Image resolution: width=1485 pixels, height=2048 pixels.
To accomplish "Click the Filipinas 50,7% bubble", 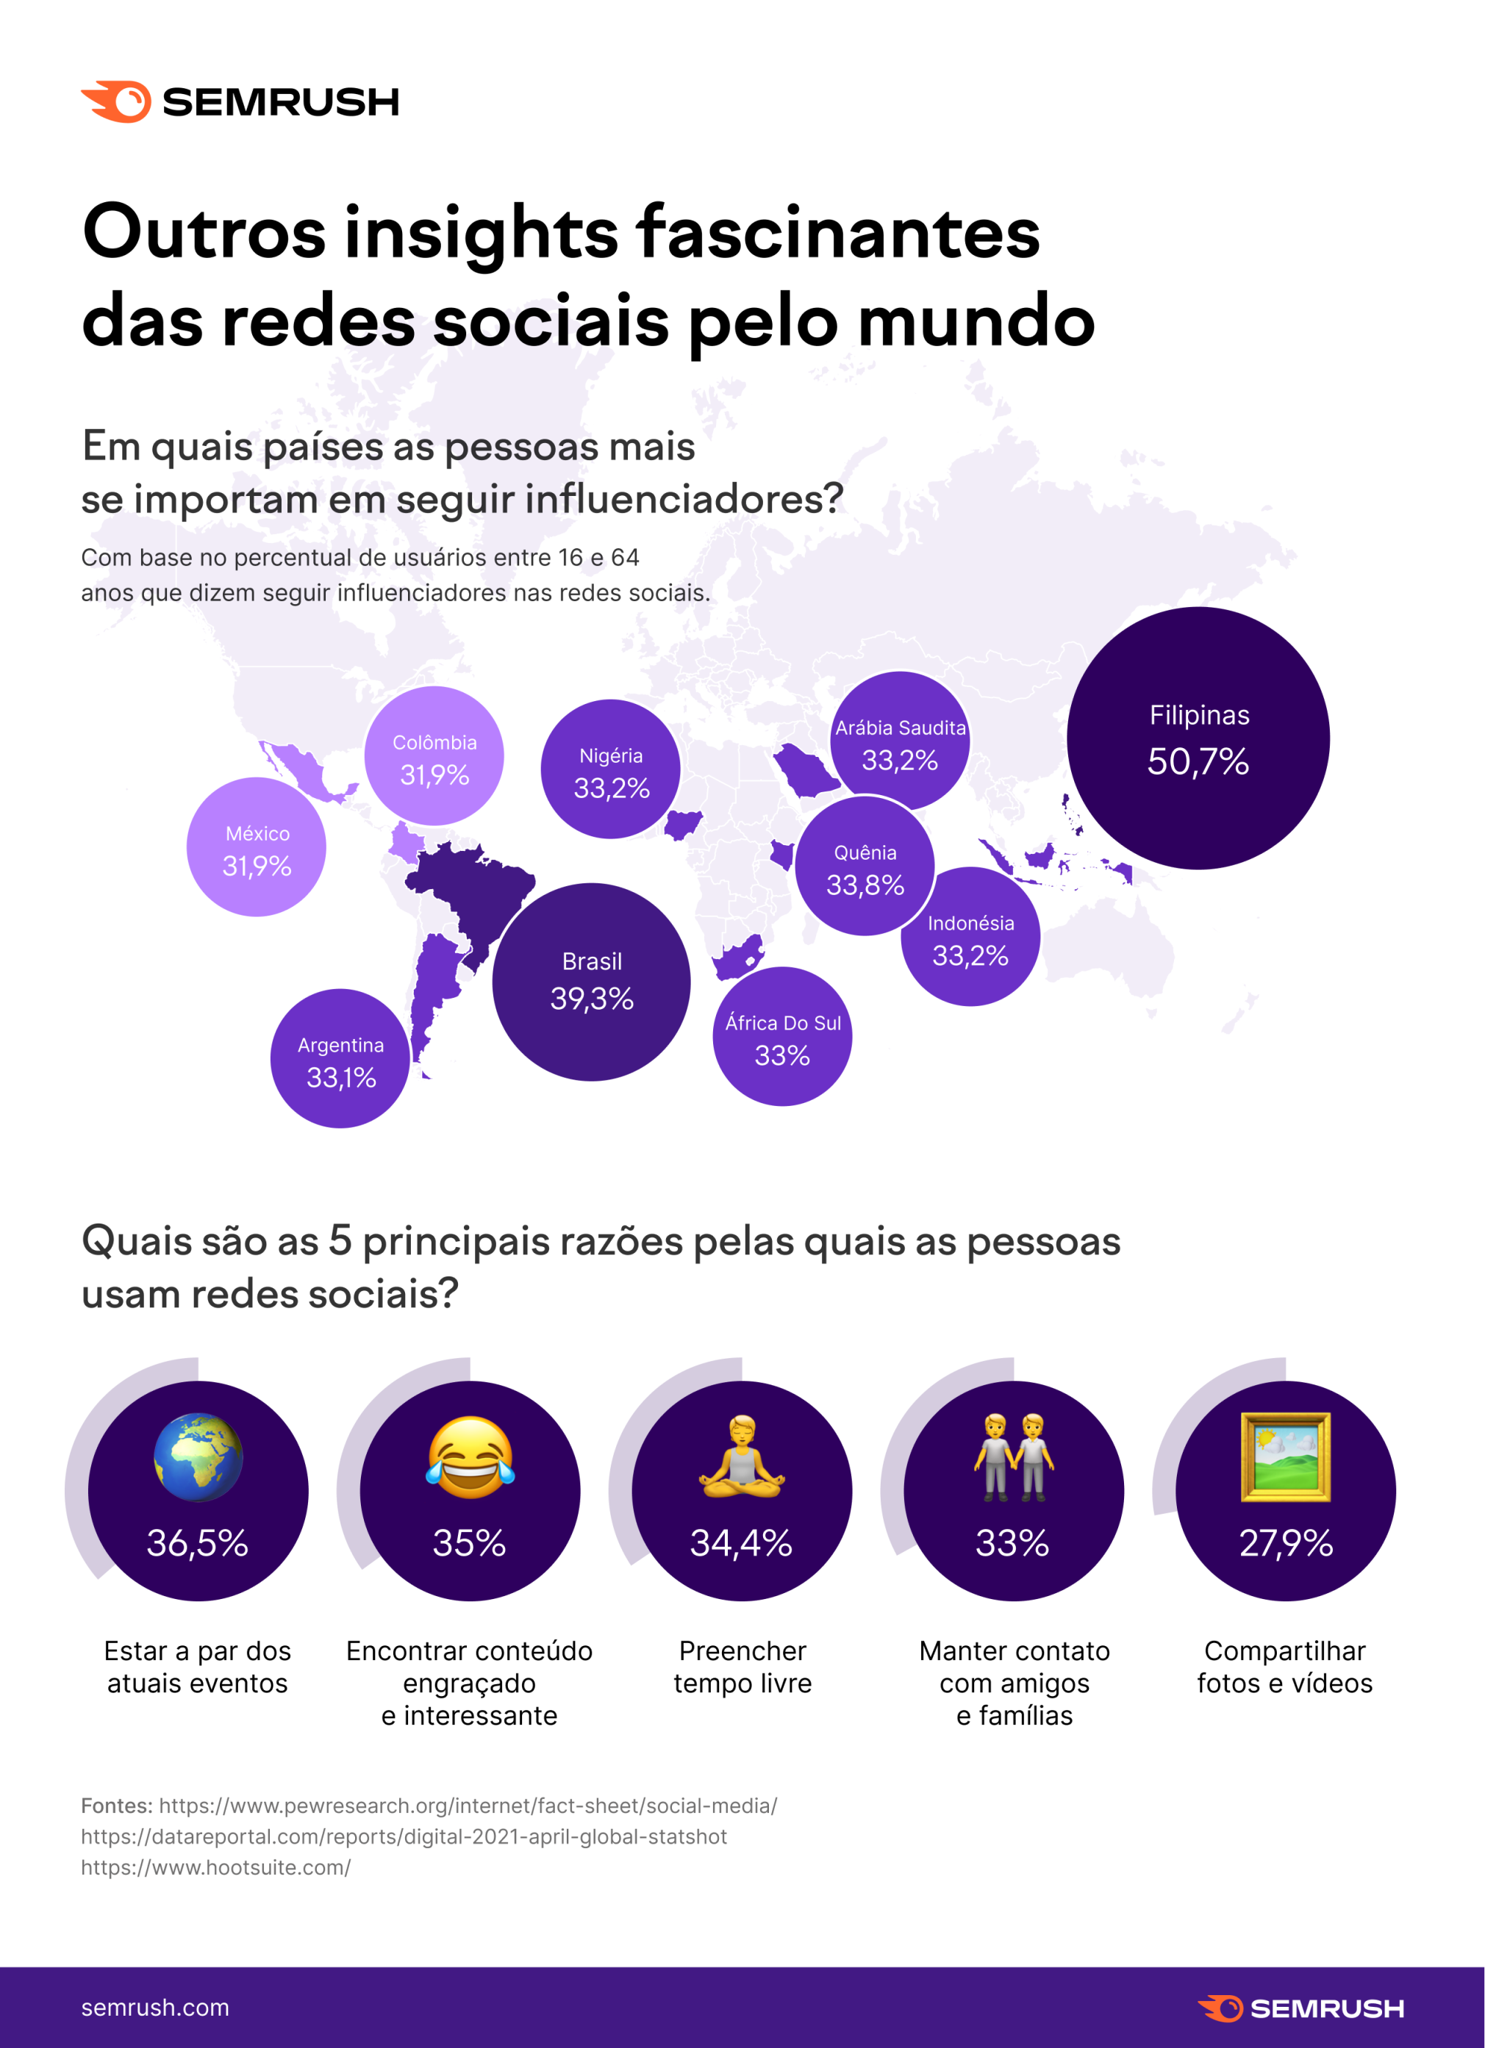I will [1198, 739].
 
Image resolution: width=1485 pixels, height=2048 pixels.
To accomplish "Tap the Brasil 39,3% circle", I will [592, 982].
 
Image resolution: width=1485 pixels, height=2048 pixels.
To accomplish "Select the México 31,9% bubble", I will [257, 847].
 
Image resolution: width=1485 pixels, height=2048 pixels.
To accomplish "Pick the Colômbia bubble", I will [434, 756].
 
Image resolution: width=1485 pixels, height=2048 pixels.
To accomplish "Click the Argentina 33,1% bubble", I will [340, 1058].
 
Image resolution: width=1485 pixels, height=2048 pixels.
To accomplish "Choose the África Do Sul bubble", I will [782, 1037].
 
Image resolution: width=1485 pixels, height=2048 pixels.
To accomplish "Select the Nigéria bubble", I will [611, 769].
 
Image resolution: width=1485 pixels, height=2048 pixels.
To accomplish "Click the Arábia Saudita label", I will [900, 727].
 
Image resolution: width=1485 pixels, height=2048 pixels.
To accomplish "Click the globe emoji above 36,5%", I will [198, 1457].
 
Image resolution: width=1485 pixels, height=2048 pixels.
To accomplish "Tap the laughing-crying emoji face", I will [470, 1457].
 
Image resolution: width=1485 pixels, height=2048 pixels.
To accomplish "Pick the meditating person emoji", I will [742, 1457].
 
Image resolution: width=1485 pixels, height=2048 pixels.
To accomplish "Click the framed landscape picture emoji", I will [1285, 1457].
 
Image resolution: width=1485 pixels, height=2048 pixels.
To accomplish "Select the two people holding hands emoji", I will [1014, 1457].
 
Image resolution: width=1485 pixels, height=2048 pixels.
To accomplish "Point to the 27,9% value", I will [1285, 1543].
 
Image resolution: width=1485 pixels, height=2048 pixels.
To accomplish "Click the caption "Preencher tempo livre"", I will [742, 1667].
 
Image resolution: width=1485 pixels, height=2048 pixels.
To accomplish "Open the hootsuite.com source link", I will [216, 1867].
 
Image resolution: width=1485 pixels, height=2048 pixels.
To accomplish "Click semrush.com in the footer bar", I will [155, 2008].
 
